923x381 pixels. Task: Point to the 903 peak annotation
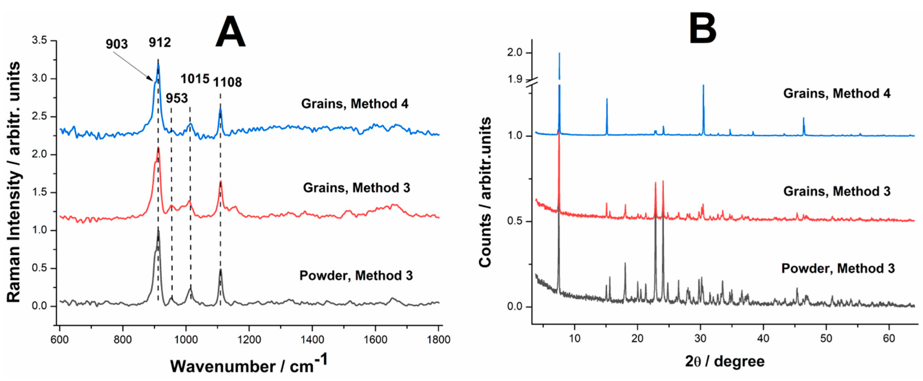(x=116, y=44)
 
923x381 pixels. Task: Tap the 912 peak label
(x=160, y=43)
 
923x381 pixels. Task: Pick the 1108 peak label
(x=227, y=82)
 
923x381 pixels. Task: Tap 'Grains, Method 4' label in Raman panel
(x=354, y=104)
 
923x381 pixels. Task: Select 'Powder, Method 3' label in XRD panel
(x=838, y=269)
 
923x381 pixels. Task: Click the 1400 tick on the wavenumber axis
(x=312, y=339)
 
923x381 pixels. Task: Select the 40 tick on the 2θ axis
(x=763, y=338)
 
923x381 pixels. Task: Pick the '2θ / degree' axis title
(x=725, y=362)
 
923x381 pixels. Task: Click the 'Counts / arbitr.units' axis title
(x=486, y=192)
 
